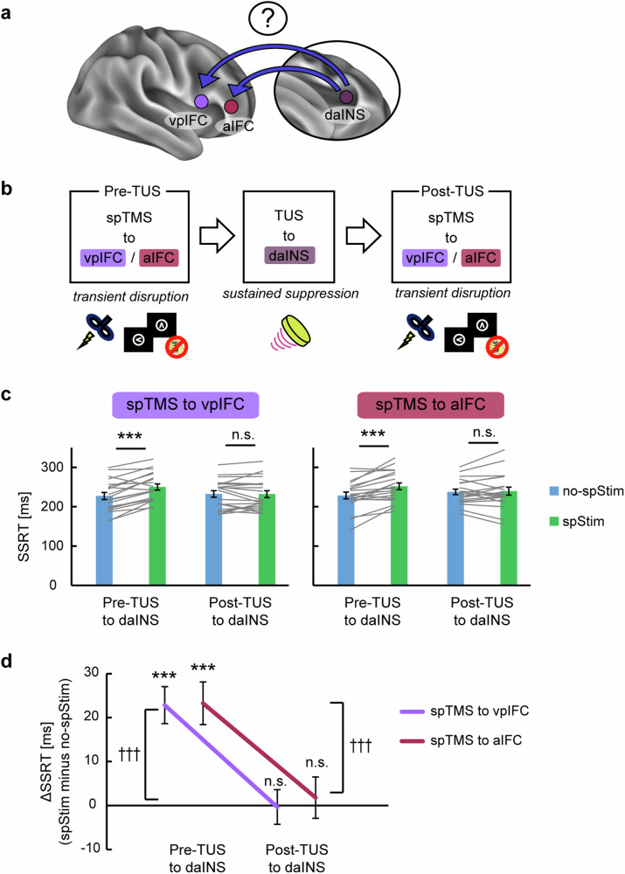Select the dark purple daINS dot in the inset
tap(346, 98)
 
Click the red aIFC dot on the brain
tap(231, 107)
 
